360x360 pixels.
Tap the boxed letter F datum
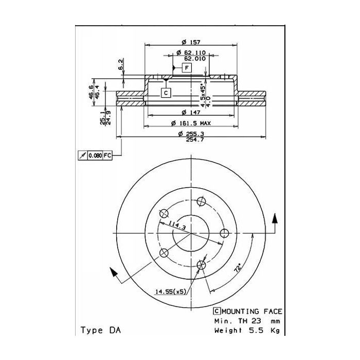(187, 68)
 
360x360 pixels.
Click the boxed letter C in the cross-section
(166, 93)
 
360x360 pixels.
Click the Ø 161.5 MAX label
(191, 124)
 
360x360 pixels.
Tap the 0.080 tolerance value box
(95, 155)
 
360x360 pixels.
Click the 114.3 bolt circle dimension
(176, 225)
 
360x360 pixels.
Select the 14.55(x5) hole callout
(170, 292)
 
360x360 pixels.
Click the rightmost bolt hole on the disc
(224, 233)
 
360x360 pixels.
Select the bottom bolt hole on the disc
(202, 265)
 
